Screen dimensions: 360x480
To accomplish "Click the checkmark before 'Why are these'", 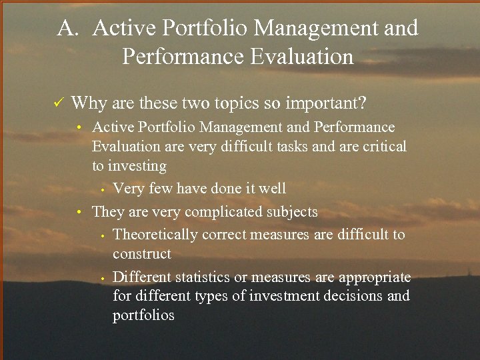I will point(58,103).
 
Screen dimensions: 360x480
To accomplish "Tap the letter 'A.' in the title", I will point(69,29).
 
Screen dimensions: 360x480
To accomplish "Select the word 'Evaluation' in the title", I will point(301,57).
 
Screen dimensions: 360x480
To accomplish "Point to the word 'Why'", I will point(86,103).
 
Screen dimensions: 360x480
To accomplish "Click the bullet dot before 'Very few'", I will point(104,190).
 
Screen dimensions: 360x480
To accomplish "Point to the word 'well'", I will point(272,189).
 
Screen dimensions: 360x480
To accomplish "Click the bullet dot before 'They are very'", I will point(79,213).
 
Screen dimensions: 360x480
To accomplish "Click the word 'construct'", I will point(142,254).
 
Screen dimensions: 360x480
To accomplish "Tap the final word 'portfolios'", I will point(143,315).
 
